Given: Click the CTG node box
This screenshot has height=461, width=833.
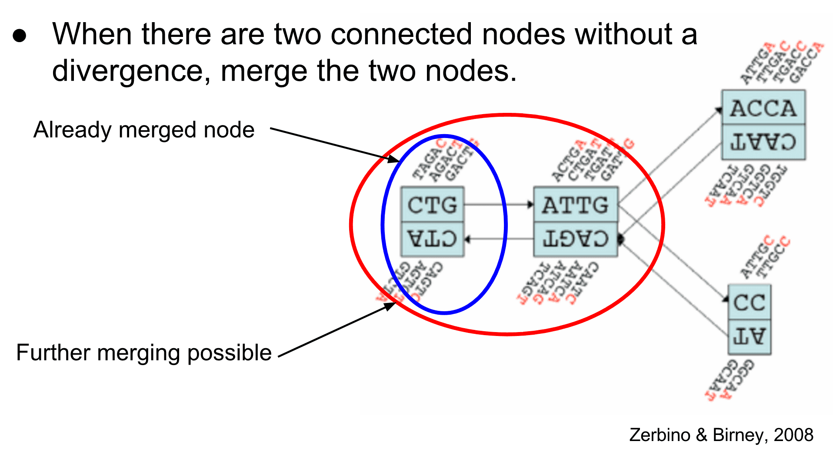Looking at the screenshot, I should pyautogui.click(x=432, y=204).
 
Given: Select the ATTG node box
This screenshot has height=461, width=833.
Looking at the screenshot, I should pyautogui.click(x=575, y=204).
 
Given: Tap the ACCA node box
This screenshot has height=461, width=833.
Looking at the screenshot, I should pyautogui.click(x=763, y=108).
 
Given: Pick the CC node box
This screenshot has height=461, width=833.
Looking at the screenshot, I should pyautogui.click(x=749, y=302).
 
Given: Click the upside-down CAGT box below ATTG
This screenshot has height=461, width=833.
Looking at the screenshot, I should pyautogui.click(x=575, y=239).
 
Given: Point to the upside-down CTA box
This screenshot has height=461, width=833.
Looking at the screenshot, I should pyautogui.click(x=432, y=239).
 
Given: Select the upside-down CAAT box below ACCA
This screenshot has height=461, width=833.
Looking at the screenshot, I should pyautogui.click(x=763, y=142).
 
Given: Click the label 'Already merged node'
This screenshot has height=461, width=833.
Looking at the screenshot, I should pyautogui.click(x=144, y=130).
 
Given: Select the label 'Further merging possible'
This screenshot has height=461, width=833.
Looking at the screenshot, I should pyautogui.click(x=144, y=352).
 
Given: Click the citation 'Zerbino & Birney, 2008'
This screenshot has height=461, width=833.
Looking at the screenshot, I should pyautogui.click(x=721, y=435).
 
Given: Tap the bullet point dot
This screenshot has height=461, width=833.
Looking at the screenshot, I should pyautogui.click(x=20, y=36).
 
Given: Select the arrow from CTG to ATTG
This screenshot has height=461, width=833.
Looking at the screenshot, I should pyautogui.click(x=499, y=204).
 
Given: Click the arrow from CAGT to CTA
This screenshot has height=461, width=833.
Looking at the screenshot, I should pyautogui.click(x=499, y=239).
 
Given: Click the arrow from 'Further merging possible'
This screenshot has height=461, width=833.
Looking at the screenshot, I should pyautogui.click(x=337, y=330).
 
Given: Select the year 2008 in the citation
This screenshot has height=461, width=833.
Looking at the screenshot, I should pyautogui.click(x=793, y=435).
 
